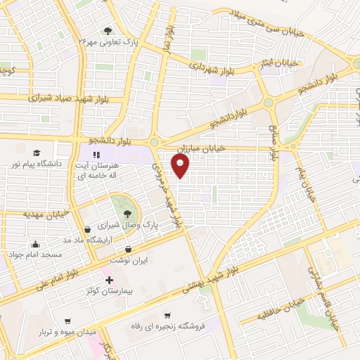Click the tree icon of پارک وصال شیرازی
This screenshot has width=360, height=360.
click(x=127, y=212)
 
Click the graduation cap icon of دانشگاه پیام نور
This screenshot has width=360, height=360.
click(x=36, y=152)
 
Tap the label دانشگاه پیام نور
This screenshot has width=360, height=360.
click(x=36, y=164)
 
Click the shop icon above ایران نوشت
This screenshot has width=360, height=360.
click(x=128, y=249)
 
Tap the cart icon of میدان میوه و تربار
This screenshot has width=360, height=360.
click(x=67, y=321)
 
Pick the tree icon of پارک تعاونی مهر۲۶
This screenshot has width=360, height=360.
click(x=108, y=31)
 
